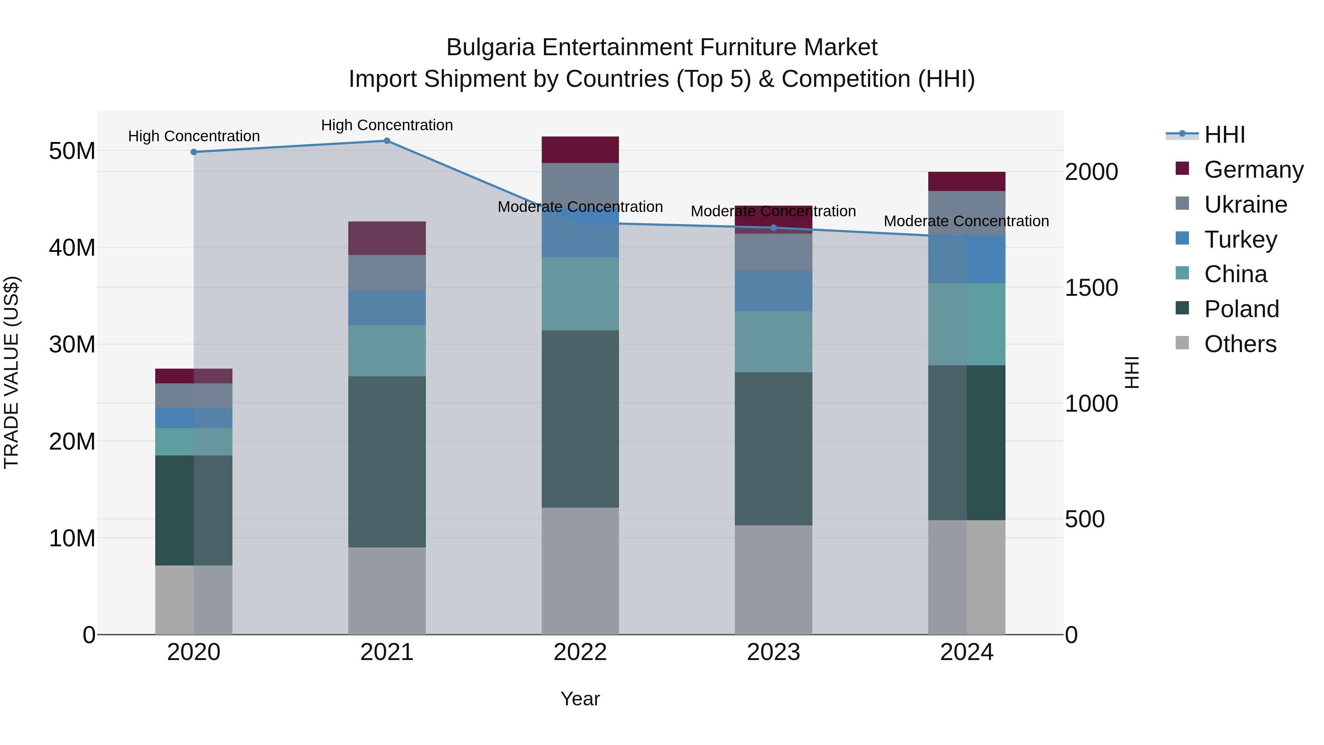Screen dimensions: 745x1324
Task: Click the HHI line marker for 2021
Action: tap(387, 141)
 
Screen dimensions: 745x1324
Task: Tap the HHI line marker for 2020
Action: tap(194, 152)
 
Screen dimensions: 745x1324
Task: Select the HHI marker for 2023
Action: tap(773, 228)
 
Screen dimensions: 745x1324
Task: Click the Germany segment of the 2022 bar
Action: tap(580, 150)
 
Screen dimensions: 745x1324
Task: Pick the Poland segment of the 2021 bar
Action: tap(387, 462)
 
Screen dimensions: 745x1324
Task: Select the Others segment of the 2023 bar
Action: tap(773, 580)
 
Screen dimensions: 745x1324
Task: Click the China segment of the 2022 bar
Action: tap(580, 294)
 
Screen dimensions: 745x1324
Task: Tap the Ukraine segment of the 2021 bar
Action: tap(387, 273)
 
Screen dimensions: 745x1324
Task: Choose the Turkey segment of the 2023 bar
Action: tap(773, 291)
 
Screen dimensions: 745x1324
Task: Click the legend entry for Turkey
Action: tap(1240, 240)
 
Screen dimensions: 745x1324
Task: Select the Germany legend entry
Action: tap(1253, 170)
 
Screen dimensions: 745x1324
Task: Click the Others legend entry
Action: tap(1240, 344)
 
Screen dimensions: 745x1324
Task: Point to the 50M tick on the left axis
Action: tap(72, 151)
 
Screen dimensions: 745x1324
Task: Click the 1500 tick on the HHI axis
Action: tap(1091, 288)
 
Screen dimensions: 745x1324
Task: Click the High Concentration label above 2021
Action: tap(387, 125)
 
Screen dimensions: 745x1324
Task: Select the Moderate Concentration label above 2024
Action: tap(966, 221)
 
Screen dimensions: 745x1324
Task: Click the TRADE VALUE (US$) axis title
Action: tap(11, 372)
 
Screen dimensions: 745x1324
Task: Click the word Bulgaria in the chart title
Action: tap(490, 47)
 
